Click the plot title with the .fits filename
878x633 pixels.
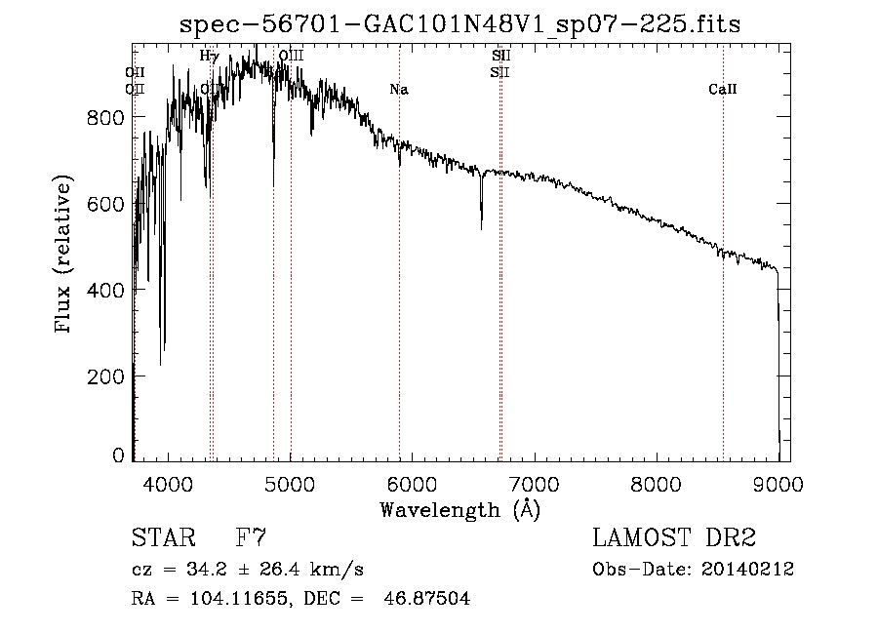(460, 25)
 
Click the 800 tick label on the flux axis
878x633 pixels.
(106, 118)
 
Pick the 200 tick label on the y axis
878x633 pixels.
(106, 376)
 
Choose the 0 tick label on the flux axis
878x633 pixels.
(117, 455)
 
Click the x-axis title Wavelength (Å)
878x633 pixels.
(459, 509)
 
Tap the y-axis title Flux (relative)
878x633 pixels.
(65, 256)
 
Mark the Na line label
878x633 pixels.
(398, 90)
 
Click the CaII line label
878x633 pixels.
(723, 90)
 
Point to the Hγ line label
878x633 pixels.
(209, 57)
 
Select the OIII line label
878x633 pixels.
(291, 57)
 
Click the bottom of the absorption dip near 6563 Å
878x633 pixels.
(481, 226)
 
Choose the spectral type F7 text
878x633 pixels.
(250, 538)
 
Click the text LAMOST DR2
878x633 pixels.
(674, 538)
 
